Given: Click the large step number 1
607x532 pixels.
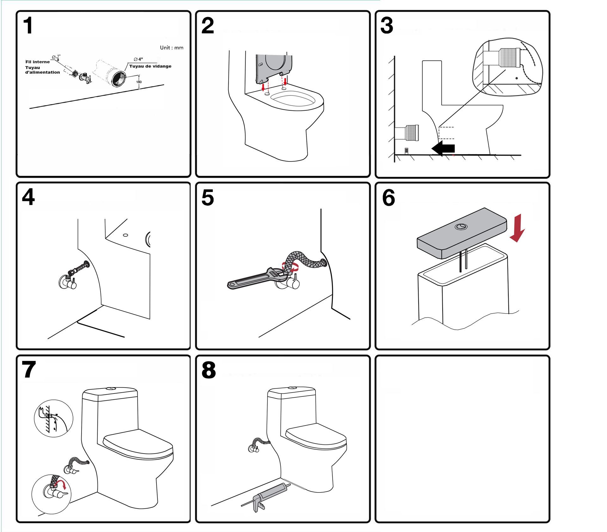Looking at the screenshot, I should click(28, 26).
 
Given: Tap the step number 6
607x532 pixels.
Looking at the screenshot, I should click(389, 198).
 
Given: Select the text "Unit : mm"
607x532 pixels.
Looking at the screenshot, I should click(171, 48).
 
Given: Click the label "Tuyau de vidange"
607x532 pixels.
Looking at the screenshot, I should click(150, 66).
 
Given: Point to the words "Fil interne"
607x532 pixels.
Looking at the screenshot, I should click(38, 62).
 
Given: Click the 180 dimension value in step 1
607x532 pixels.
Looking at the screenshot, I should click(139, 82).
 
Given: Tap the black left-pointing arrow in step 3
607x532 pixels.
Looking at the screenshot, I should click(443, 148).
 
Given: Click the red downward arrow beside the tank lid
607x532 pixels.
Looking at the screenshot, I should click(517, 228).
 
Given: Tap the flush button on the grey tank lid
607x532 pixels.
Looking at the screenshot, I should click(461, 227).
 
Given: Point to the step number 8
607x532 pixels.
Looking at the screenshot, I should click(209, 370).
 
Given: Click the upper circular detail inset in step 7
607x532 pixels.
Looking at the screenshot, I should click(53, 418).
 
